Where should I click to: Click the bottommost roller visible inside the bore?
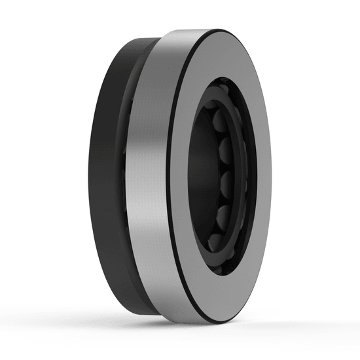pos(219,241)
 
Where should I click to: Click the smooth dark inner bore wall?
pos(196,196)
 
